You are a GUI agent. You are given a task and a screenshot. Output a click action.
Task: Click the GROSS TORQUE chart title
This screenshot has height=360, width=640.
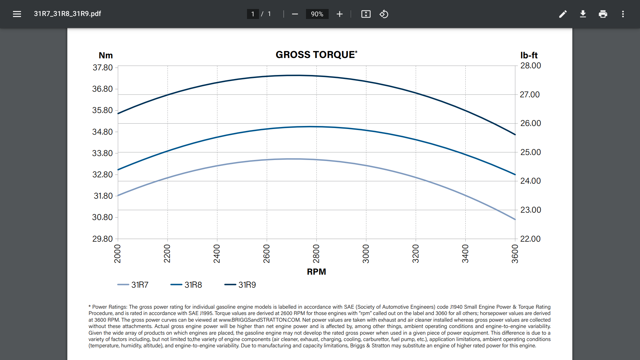point(316,55)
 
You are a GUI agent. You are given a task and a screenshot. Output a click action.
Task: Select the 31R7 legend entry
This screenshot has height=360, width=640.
point(133,285)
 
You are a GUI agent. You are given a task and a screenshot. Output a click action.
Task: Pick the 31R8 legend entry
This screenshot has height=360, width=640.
point(187,285)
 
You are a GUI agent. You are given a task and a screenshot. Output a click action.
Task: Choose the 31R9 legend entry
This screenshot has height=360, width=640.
point(241,285)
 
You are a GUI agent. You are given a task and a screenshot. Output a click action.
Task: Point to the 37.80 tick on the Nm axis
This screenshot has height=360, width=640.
point(102,68)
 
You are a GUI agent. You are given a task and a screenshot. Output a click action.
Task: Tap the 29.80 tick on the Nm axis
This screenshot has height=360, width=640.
point(102,239)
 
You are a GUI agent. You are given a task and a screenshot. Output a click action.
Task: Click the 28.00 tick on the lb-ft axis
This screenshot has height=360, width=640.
point(531,66)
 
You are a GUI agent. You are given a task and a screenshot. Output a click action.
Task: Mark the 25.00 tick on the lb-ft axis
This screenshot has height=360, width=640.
point(531,152)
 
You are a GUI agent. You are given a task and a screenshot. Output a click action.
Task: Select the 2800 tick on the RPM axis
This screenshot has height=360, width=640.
point(316,254)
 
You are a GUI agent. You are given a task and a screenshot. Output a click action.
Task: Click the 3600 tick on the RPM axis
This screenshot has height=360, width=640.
point(515,254)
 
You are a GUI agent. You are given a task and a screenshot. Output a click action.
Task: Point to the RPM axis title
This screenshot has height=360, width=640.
point(316,272)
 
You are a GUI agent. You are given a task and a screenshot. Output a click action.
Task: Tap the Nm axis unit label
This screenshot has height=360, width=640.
point(106,55)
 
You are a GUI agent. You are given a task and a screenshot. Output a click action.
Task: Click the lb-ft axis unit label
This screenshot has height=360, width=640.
point(529,55)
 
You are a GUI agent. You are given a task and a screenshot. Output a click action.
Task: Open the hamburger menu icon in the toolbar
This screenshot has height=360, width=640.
point(17,14)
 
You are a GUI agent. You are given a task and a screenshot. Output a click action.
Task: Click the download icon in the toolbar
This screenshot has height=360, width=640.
point(583,14)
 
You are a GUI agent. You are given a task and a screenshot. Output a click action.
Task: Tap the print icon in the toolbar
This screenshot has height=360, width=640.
point(603,14)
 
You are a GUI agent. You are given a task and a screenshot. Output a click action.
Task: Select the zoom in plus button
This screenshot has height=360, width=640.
point(340,14)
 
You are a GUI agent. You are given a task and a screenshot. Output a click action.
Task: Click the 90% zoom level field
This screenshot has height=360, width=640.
point(317,14)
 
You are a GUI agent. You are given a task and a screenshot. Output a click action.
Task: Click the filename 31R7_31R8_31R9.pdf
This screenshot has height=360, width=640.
point(67,14)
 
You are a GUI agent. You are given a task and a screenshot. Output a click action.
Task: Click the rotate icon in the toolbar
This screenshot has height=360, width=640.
point(384,14)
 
